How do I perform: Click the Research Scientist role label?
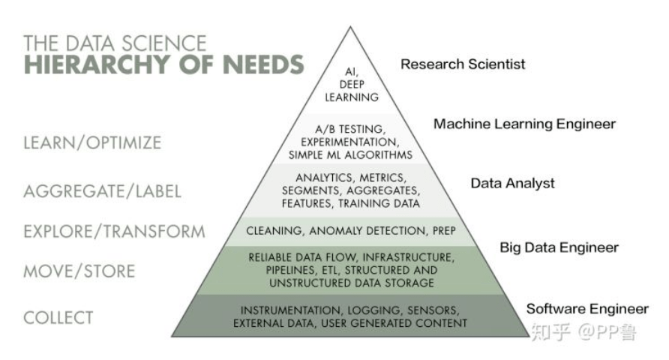[463, 64]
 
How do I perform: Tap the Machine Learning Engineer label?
[524, 124]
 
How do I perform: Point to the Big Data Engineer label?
[559, 247]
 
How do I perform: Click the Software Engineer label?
[586, 309]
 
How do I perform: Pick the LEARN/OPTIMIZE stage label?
[92, 142]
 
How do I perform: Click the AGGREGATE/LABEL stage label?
[102, 191]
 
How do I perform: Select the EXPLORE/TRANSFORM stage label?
[114, 231]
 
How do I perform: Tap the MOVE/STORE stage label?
[79, 271]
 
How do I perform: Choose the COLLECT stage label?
[58, 317]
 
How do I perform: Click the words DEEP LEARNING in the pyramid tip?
[352, 91]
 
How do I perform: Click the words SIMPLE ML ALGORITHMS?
[350, 155]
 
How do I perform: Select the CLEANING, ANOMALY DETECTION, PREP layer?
[351, 230]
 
